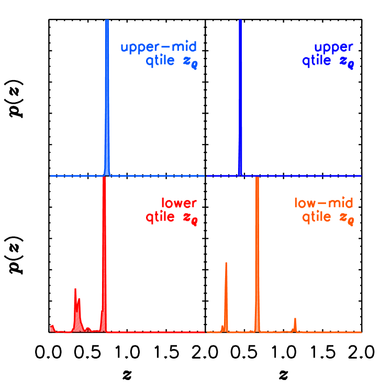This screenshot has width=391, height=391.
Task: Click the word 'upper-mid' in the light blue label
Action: tap(159, 48)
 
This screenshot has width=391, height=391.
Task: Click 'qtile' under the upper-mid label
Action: tap(160, 61)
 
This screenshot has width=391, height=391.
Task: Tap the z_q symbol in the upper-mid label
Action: tap(190, 62)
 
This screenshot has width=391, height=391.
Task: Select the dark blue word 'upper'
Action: tap(334, 48)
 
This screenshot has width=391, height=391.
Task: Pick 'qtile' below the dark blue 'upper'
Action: tap(316, 61)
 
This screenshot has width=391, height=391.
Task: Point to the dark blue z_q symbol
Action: tap(347, 62)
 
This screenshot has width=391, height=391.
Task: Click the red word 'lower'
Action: tap(179, 203)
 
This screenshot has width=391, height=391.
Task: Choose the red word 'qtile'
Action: tap(160, 216)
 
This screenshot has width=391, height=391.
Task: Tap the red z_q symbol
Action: tap(190, 217)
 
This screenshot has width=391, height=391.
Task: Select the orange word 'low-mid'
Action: tap(323, 203)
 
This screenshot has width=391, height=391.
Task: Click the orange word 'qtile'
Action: tap(316, 216)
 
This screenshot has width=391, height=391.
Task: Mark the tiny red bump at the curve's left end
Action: tap(52, 328)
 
